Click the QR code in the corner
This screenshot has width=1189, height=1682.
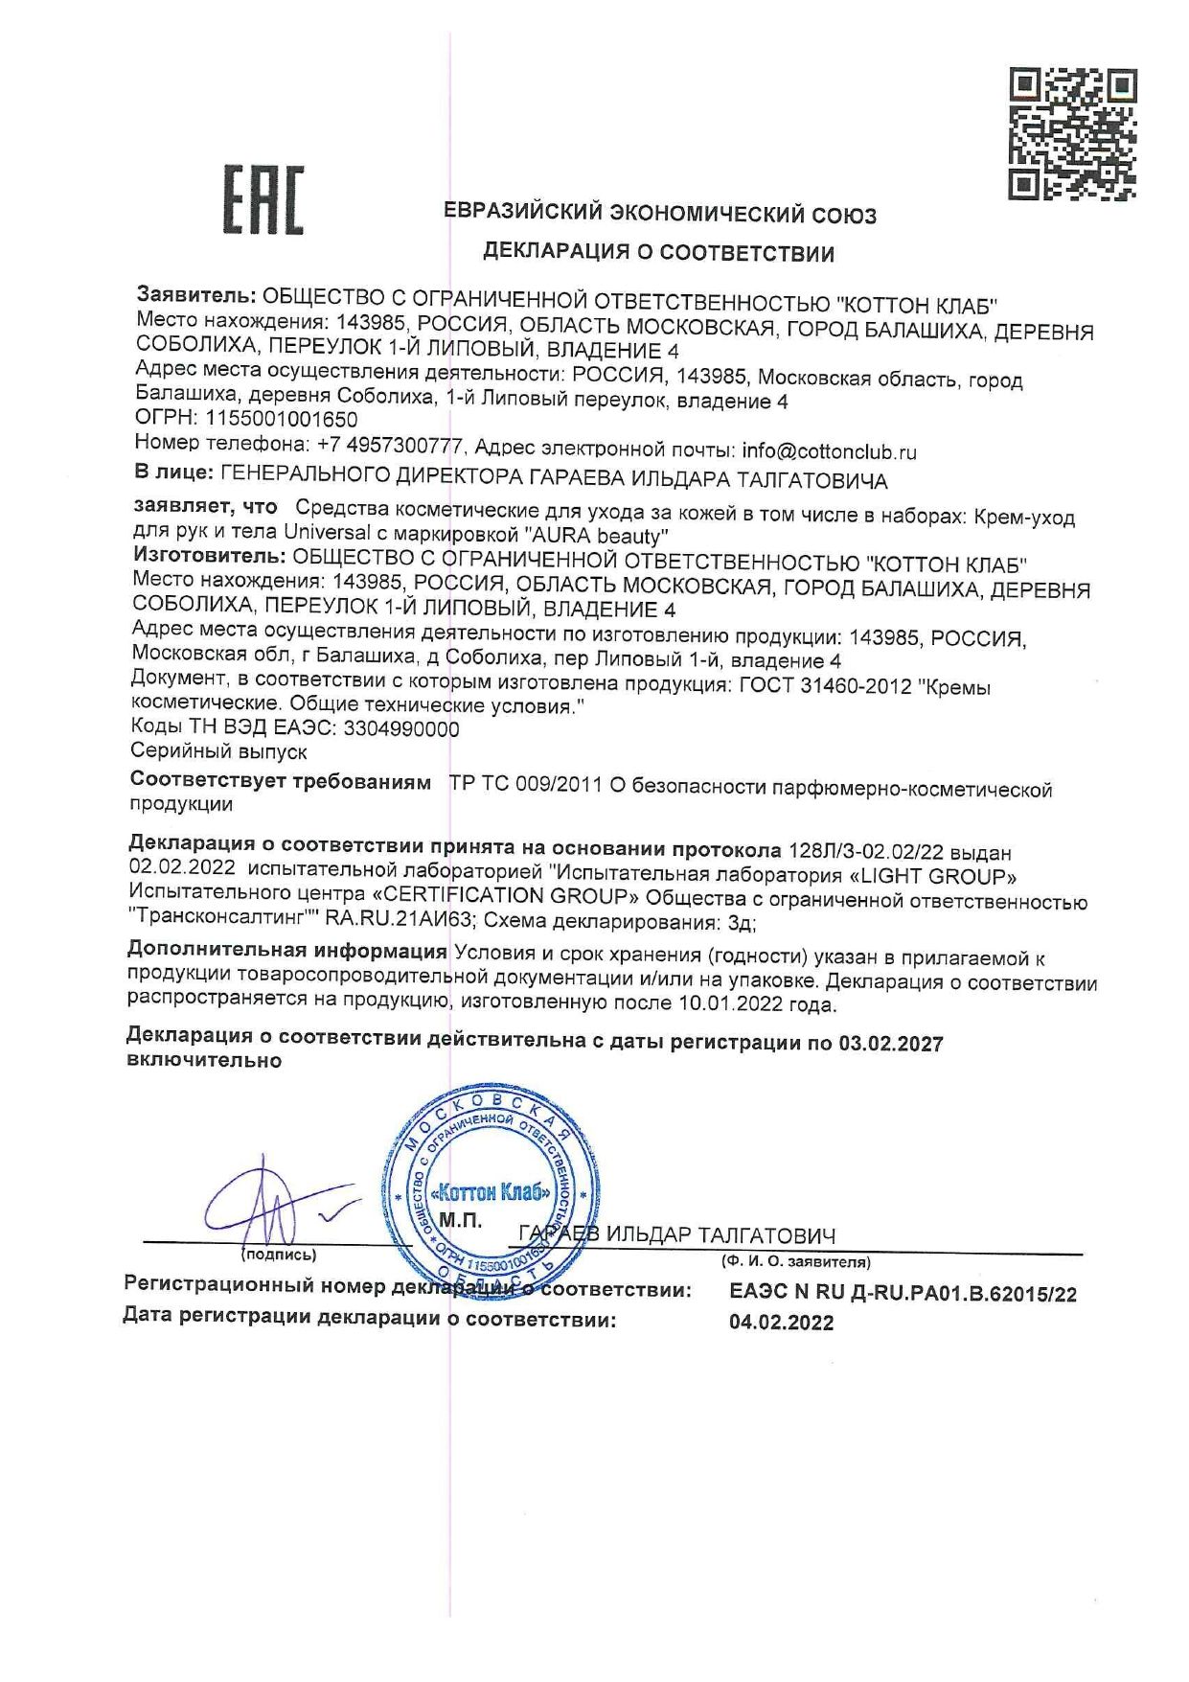(x=1072, y=133)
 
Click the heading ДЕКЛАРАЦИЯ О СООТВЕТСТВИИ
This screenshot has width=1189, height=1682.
(x=658, y=253)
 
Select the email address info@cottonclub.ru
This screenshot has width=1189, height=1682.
(x=829, y=450)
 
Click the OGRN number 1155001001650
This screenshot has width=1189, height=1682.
(x=282, y=420)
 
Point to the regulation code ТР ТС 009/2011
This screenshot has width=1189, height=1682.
(x=525, y=786)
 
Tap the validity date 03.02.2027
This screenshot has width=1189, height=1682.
(x=891, y=1044)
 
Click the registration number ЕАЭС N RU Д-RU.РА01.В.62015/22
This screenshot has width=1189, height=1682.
(x=903, y=1293)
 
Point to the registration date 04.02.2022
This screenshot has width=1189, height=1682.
(x=781, y=1323)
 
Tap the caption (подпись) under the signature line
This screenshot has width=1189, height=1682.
(x=279, y=1255)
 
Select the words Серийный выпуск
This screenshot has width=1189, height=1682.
(x=218, y=751)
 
